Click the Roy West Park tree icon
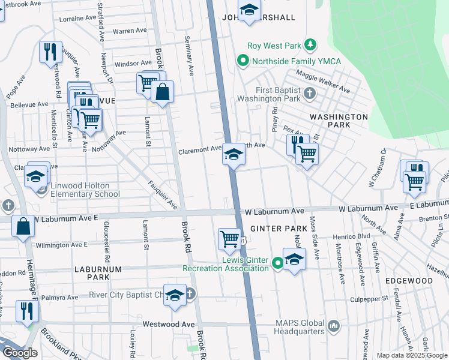(310, 45)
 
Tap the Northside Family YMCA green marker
(243, 61)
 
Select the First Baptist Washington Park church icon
(309, 93)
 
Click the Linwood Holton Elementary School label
(76, 190)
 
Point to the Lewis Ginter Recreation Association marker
(277, 263)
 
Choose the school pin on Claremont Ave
(233, 155)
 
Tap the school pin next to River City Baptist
(175, 295)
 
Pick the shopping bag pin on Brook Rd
(162, 92)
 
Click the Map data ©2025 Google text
(411, 355)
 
